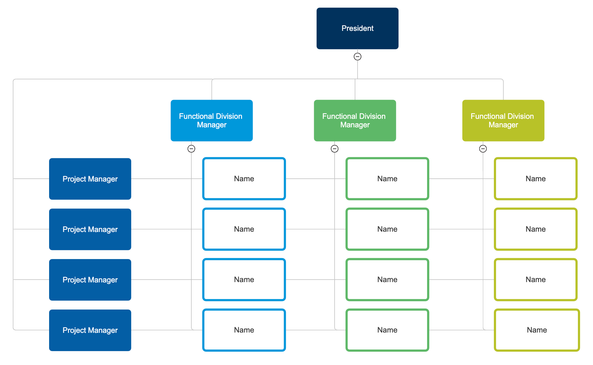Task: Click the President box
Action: click(357, 28)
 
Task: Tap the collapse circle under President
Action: click(357, 57)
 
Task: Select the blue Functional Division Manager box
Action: click(212, 120)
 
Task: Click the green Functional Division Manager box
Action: click(355, 120)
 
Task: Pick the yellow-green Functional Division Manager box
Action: click(503, 120)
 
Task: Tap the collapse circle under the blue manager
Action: click(191, 149)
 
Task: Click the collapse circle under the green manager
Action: click(335, 149)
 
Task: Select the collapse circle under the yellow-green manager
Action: click(483, 149)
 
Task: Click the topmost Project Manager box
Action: click(90, 179)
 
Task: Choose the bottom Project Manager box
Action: click(90, 330)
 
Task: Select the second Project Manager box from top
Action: click(90, 229)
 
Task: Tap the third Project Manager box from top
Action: click(90, 280)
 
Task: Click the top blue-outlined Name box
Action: click(244, 179)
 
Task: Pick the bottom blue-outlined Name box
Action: click(244, 330)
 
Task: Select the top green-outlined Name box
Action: click(387, 179)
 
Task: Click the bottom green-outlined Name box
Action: click(387, 330)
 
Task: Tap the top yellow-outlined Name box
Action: click(535, 179)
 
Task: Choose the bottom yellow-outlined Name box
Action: click(537, 330)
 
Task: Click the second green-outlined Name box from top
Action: click(387, 229)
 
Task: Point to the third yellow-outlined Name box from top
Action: click(535, 280)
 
